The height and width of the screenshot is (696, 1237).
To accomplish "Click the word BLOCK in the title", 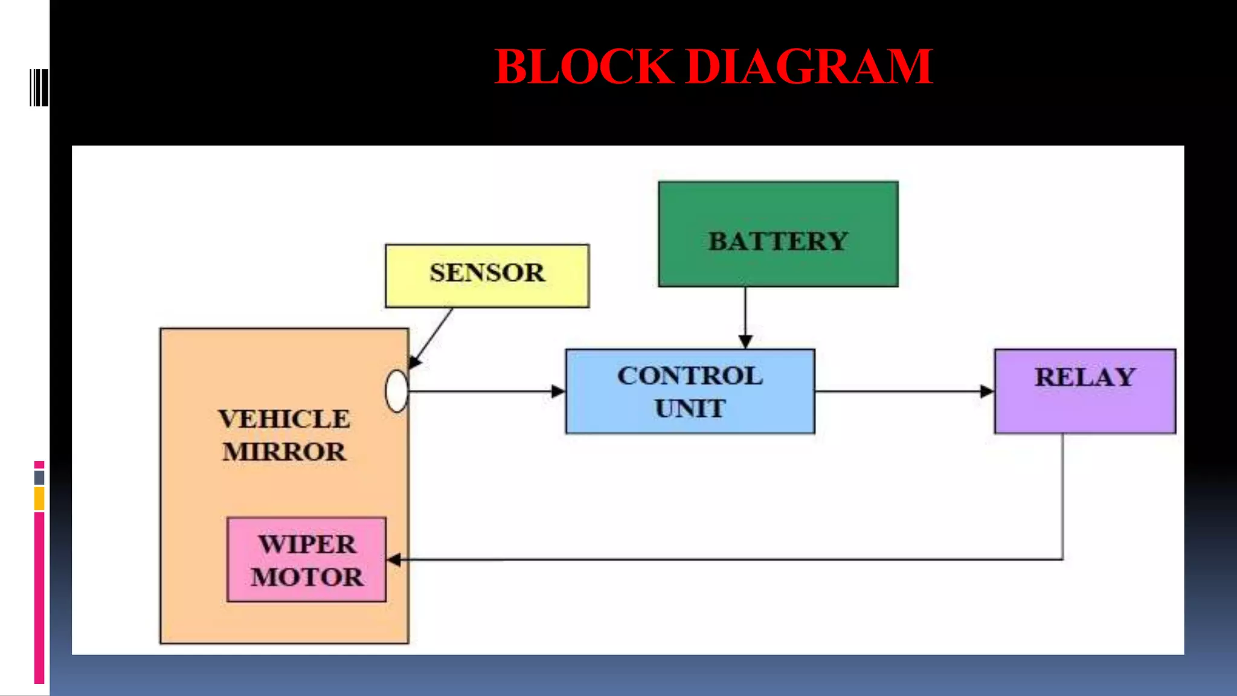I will [583, 66].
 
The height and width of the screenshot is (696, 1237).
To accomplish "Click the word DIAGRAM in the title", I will [809, 66].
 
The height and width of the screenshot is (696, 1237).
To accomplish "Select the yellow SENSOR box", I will [487, 275].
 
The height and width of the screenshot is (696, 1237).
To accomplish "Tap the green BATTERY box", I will [778, 234].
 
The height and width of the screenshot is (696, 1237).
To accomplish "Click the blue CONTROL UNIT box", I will [690, 391].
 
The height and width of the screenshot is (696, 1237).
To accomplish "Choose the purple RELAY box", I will [1085, 391].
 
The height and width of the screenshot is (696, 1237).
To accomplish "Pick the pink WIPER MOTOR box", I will [307, 559].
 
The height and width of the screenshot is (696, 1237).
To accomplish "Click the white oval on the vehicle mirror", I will [397, 391].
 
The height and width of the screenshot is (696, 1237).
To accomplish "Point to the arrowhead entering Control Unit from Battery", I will [745, 342].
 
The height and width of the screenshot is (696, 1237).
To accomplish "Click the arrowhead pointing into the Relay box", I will [987, 391].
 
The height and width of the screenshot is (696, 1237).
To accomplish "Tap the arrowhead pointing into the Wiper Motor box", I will [394, 560].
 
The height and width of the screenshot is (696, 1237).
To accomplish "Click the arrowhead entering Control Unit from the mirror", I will [558, 391].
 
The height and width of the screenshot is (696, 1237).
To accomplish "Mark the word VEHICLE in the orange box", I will [284, 419].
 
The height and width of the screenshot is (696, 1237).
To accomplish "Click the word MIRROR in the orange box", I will [284, 452].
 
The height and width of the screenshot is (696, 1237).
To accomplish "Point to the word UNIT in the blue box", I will [690, 409].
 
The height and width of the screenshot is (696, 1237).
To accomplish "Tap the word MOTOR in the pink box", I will [307, 577].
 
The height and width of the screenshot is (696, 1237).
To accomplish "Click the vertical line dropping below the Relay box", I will [1062, 495].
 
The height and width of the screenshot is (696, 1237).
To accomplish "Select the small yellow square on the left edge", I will [39, 499].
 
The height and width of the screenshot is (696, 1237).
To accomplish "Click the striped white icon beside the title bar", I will [39, 88].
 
